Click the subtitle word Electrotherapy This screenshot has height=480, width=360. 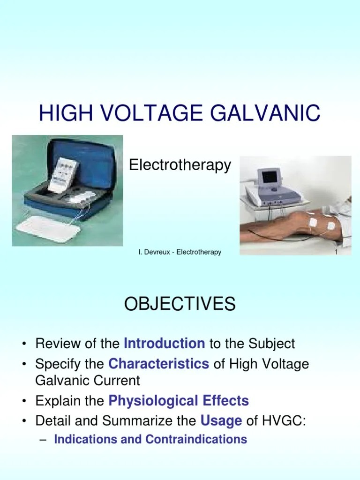click(180, 165)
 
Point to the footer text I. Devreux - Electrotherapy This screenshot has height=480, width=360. click(180, 252)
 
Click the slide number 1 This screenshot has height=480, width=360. click(336, 252)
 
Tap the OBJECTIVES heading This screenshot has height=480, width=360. click(180, 305)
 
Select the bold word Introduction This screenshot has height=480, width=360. click(164, 344)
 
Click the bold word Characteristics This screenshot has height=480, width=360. click(158, 364)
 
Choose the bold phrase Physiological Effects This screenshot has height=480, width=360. click(179, 401)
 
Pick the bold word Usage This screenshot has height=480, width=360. click(221, 420)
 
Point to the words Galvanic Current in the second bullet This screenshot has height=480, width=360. click(88, 380)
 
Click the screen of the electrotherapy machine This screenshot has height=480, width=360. click(270, 177)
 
